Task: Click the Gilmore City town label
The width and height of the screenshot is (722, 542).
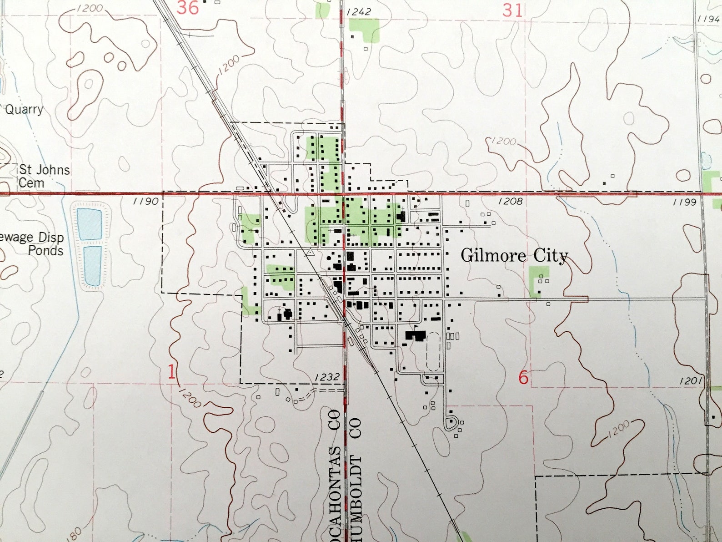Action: (x=514, y=256)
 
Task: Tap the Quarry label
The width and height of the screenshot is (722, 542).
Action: (x=24, y=110)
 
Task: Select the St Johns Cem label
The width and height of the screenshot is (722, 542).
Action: (x=44, y=176)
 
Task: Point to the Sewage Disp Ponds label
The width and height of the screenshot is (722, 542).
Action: (x=34, y=244)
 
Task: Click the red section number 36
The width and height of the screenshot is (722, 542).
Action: (x=187, y=8)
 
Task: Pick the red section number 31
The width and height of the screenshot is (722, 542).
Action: (x=512, y=10)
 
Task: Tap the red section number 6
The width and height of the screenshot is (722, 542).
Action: (x=523, y=377)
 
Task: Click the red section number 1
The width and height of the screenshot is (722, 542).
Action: (x=171, y=373)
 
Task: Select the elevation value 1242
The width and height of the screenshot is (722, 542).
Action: (x=359, y=12)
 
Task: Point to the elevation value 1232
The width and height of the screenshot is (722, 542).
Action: (x=327, y=377)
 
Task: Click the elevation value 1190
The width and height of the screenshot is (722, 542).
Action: (x=145, y=201)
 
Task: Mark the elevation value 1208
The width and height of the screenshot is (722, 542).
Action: (x=510, y=201)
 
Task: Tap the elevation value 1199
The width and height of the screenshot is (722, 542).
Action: (x=684, y=202)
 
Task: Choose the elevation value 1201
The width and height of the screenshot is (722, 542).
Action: (x=691, y=381)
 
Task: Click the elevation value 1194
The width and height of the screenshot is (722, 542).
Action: (x=709, y=19)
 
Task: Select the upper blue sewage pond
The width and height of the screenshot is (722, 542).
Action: (x=89, y=224)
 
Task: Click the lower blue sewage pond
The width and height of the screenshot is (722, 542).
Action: (x=92, y=266)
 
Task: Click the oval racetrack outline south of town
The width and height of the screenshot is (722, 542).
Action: (x=433, y=351)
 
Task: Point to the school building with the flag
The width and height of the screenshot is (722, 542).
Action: (x=416, y=335)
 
